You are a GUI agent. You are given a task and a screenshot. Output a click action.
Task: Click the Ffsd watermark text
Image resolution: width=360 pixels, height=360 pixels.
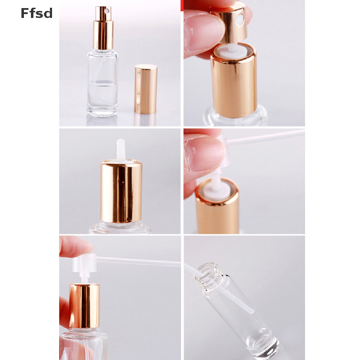(37, 13)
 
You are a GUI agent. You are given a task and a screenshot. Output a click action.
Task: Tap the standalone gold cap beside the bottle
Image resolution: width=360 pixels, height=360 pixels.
(146, 89)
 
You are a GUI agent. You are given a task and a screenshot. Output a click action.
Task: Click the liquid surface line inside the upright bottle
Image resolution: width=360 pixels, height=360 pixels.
(103, 83)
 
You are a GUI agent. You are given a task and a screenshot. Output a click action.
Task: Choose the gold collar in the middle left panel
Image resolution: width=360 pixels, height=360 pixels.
(121, 192)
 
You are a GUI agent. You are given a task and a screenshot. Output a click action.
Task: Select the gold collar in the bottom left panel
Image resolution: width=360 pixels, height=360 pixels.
(84, 306)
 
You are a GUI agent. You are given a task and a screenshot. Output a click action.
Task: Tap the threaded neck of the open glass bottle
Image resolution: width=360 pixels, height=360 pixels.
(208, 272)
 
